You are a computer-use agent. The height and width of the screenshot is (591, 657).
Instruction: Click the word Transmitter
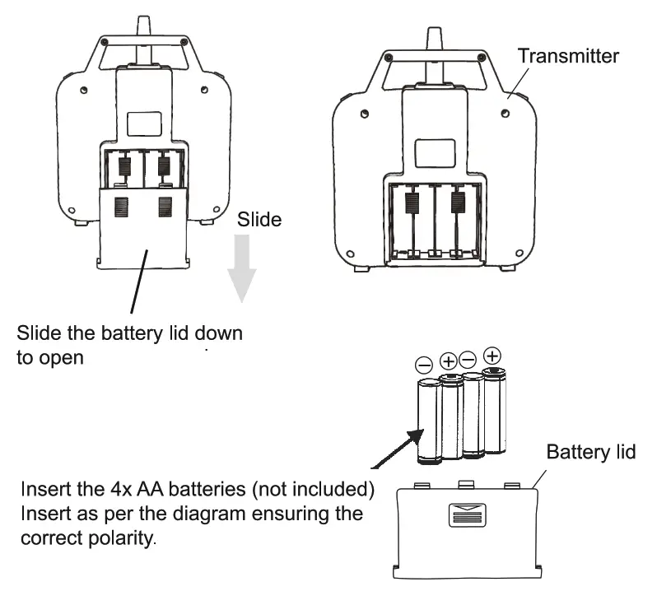pyautogui.click(x=567, y=56)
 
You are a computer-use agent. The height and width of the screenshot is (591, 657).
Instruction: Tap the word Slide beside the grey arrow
pyautogui.click(x=259, y=220)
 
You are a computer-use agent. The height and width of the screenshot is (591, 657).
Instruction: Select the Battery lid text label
pyautogui.click(x=590, y=453)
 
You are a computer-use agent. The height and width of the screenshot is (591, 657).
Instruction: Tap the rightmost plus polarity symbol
pyautogui.click(x=492, y=356)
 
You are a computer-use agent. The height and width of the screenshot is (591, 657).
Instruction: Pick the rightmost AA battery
pyautogui.click(x=494, y=412)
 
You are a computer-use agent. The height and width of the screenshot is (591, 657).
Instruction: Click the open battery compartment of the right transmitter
pyautogui.click(x=435, y=220)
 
